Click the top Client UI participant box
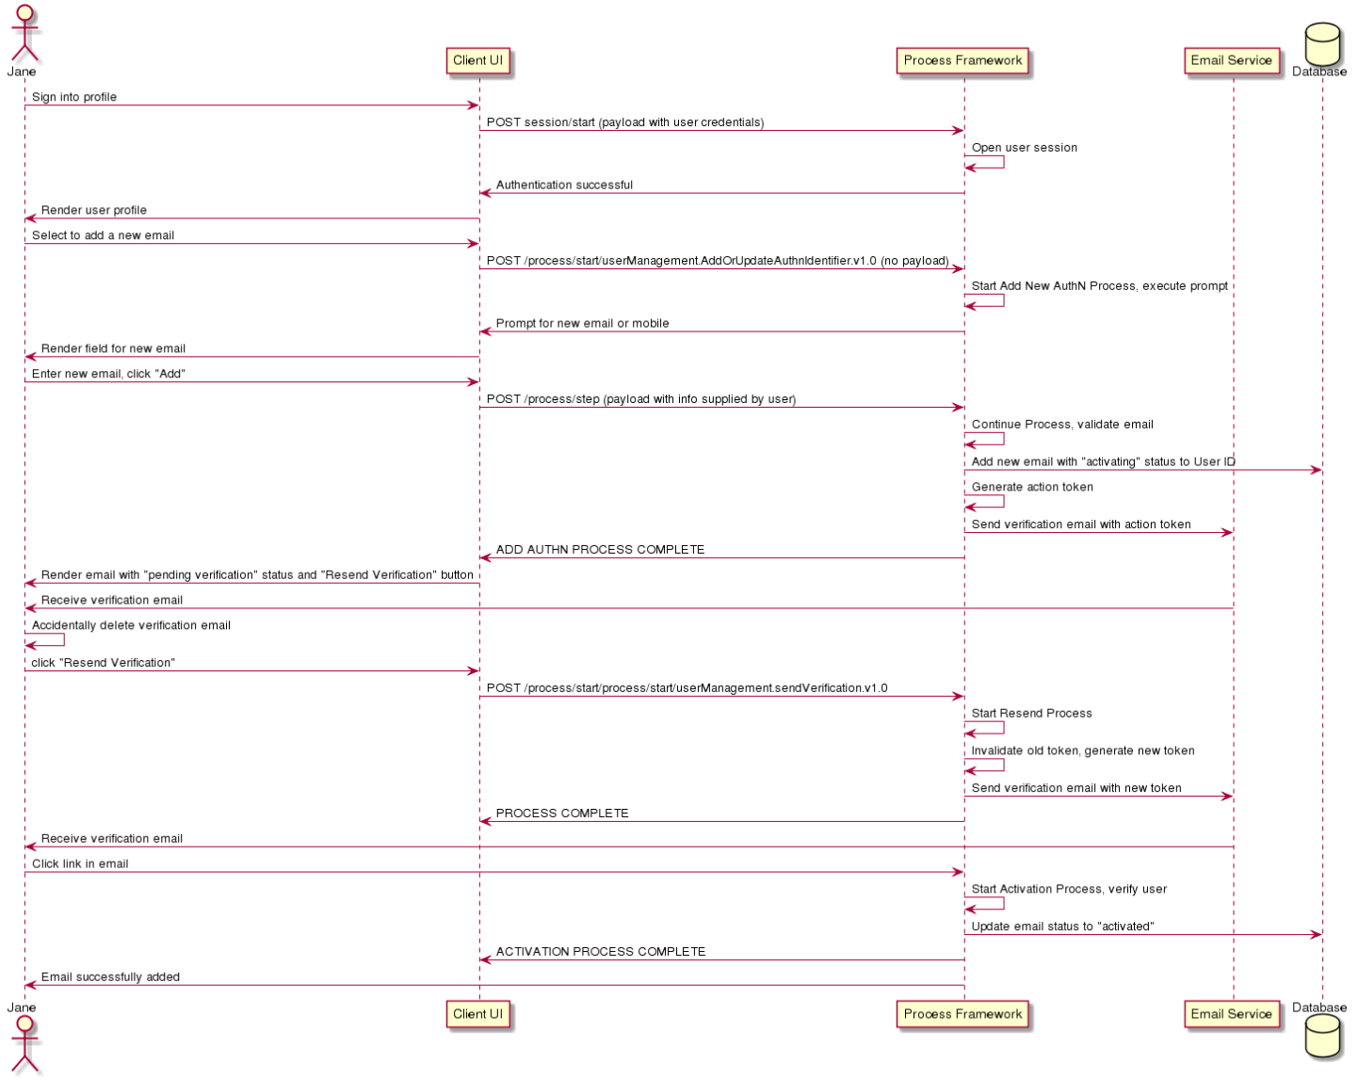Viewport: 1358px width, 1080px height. click(477, 60)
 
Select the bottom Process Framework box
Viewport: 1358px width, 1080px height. click(962, 1014)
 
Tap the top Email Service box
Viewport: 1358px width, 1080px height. click(1231, 60)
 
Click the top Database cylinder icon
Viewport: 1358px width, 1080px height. click(1322, 43)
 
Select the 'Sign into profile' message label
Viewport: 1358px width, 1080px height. click(74, 97)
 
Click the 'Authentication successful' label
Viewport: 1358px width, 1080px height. click(564, 185)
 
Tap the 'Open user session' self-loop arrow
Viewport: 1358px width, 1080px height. click(1003, 162)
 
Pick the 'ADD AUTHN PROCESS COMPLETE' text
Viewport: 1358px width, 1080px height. click(600, 550)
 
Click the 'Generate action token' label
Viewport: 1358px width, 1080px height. click(1032, 487)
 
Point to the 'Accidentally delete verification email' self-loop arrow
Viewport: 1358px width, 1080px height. click(63, 639)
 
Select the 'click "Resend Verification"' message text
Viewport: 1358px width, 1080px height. click(104, 662)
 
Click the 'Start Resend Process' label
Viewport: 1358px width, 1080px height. click(1031, 713)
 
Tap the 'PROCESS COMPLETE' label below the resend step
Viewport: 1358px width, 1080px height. click(562, 814)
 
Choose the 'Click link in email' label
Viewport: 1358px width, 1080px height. click(80, 863)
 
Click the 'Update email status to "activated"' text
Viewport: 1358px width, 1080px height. click(1062, 927)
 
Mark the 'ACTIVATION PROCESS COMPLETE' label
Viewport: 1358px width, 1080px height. click(601, 951)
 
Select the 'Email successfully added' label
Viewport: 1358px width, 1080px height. click(110, 976)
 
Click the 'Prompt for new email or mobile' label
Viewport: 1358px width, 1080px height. click(582, 323)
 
